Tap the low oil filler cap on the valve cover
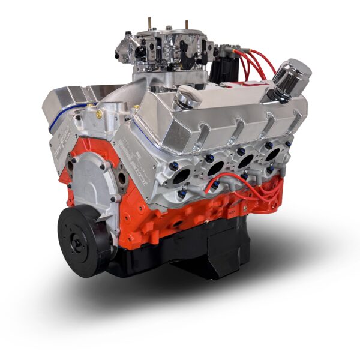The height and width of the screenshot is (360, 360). tap(188, 97)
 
